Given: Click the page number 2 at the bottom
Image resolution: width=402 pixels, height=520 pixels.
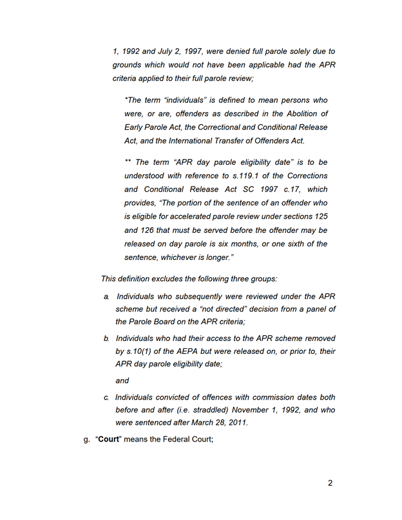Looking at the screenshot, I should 330,483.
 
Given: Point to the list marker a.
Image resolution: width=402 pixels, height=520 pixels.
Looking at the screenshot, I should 106,296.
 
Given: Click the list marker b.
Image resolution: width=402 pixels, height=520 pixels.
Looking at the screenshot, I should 106,338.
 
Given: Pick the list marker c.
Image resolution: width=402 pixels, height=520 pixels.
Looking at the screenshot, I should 106,397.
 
